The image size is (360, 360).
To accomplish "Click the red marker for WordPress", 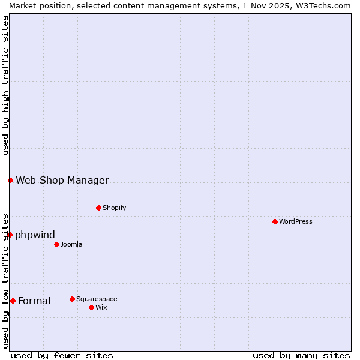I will tap(275, 221).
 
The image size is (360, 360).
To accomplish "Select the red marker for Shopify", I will tap(98, 208).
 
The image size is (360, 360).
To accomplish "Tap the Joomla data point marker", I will tap(56, 244).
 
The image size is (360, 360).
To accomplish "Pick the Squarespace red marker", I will tap(72, 299).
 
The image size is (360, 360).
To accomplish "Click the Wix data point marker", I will tap(91, 307).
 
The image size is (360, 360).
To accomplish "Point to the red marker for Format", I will tap(13, 301).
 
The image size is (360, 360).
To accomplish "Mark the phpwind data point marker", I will tap(10, 235).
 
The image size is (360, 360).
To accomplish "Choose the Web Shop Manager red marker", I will tap(10, 180).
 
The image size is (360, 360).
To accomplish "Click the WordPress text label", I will tap(296, 221).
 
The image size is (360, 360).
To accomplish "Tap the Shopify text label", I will tap(114, 208).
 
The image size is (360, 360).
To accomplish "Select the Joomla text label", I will tap(71, 244).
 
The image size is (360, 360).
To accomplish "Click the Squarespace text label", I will tap(97, 299).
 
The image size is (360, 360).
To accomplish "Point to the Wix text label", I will tap(101, 307).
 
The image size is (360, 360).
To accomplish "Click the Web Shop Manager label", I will tap(62, 180).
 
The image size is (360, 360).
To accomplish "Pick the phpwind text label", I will tap(35, 235).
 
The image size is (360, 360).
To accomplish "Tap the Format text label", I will tap(35, 301).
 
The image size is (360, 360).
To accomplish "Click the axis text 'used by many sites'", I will tap(301, 355).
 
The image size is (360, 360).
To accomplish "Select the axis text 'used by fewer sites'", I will tap(62, 355).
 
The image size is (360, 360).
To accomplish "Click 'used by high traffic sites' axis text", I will tap(5, 85).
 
